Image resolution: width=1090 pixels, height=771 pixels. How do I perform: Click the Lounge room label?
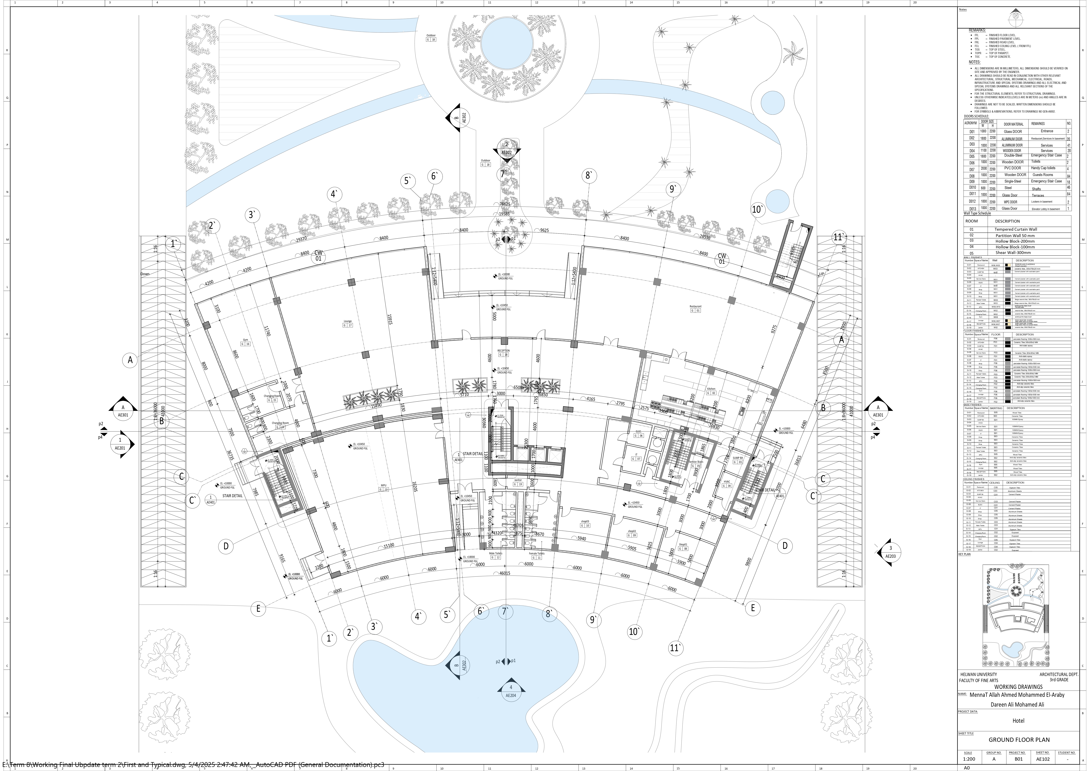(347, 321)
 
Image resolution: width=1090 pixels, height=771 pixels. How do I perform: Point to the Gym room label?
(245, 340)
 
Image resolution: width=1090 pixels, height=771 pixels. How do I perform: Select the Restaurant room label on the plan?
(695, 307)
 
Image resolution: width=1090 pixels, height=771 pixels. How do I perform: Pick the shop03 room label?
(585, 521)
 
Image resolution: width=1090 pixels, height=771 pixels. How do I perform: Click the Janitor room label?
(517, 480)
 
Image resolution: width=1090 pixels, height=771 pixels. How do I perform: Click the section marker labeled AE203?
(890, 552)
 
